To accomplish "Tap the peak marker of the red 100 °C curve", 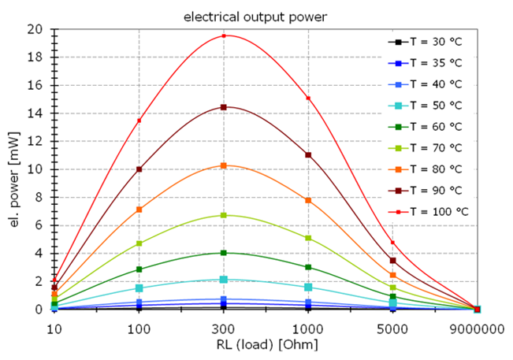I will click(224, 35).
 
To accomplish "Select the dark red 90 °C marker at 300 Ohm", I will click(224, 107).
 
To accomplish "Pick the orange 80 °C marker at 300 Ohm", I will click(224, 165).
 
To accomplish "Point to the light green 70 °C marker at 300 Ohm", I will click(224, 215).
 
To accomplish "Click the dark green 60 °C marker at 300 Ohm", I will click(224, 253).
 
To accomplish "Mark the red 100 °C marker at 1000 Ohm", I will click(308, 98).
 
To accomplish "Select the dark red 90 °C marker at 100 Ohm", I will click(139, 169).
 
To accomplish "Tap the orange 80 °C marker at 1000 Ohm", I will click(308, 200).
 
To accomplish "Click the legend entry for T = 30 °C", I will click(434, 41).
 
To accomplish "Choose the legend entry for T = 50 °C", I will click(434, 105).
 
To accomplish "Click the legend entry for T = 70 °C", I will click(434, 147).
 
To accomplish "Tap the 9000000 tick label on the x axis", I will click(478, 325).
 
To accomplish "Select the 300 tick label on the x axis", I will click(224, 325).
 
